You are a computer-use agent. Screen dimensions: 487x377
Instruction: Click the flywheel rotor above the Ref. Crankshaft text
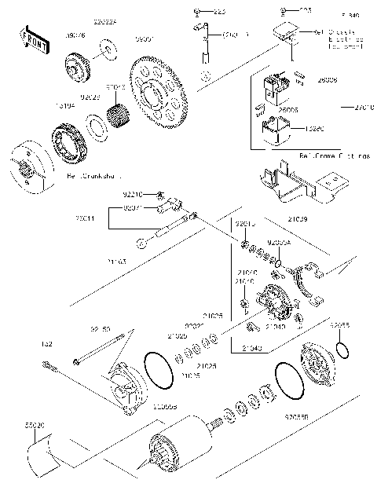pos(31,165)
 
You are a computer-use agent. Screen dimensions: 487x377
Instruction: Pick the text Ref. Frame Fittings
pos(333,156)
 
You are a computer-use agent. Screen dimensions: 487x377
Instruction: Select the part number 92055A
pos(280,244)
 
